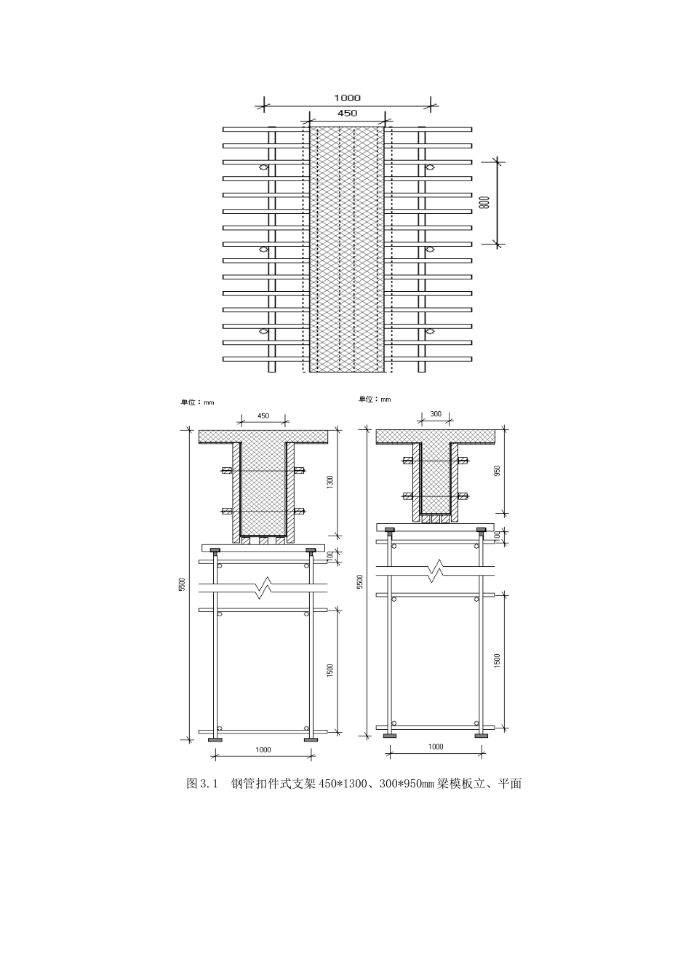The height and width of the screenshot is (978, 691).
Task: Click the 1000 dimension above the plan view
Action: click(347, 98)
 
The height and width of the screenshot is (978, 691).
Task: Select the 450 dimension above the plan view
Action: click(347, 113)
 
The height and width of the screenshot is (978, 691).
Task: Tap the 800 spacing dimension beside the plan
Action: click(485, 203)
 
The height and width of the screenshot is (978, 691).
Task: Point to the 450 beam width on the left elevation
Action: click(263, 416)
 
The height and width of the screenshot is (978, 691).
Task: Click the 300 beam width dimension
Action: click(436, 413)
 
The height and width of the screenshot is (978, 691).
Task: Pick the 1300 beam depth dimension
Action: click(329, 482)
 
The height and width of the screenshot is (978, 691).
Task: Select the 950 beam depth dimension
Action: click(498, 470)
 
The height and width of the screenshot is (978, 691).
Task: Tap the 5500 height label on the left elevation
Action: click(183, 584)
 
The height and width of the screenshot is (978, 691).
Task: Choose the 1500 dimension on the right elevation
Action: click(498, 661)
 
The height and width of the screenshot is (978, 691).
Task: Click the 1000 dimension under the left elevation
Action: click(263, 750)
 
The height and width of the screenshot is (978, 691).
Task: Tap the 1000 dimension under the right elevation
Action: click(435, 747)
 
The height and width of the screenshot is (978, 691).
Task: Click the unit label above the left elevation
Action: click(197, 402)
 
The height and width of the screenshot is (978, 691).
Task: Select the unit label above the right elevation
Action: click(375, 399)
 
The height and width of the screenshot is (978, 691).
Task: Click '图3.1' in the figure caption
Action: click(203, 784)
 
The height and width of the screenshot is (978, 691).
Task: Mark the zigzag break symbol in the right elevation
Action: click(436, 570)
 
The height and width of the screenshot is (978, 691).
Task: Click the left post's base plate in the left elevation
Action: click(215, 740)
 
